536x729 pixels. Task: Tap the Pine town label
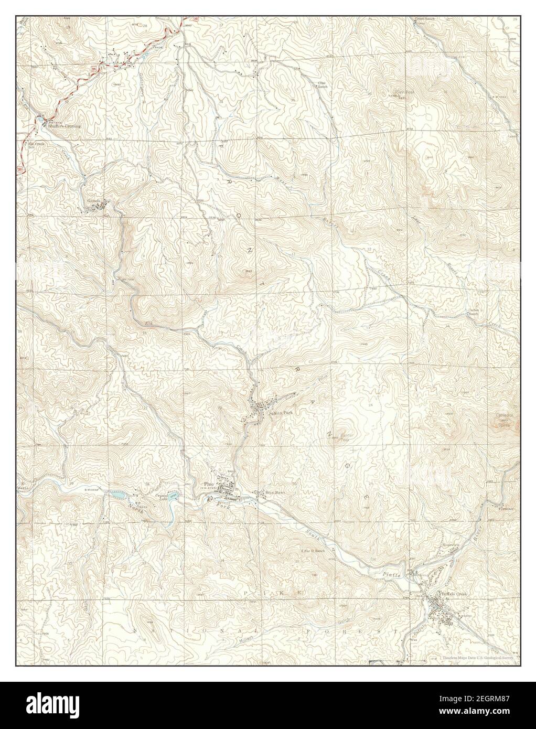(x=208, y=485)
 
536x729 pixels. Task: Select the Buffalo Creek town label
(x=453, y=594)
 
